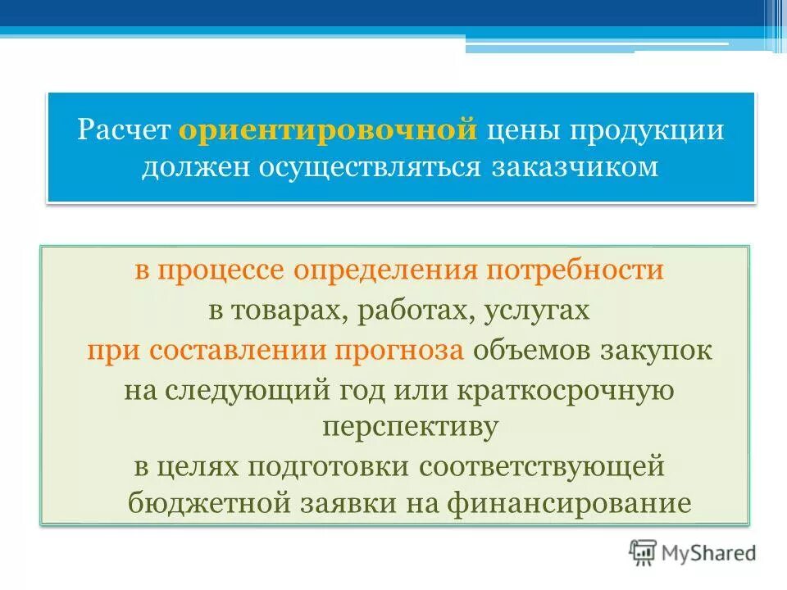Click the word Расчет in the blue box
click(125, 131)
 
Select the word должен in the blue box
click(197, 166)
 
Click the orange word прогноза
click(401, 351)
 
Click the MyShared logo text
click(711, 552)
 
